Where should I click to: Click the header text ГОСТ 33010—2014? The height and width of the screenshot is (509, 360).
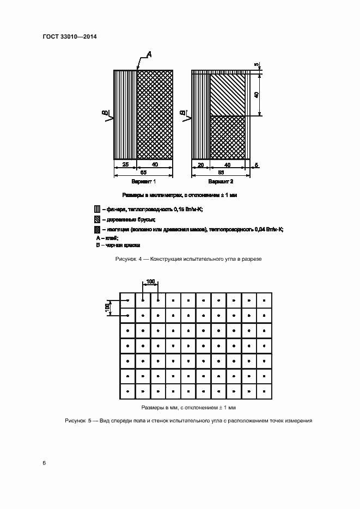click(69, 37)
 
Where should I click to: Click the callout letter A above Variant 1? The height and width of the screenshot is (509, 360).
click(149, 53)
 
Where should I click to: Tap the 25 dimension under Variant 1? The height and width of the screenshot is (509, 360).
click(125, 164)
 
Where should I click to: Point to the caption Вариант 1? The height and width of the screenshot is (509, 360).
click(144, 181)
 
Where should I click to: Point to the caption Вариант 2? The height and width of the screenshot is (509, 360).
click(221, 181)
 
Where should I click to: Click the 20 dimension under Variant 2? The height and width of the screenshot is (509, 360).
click(200, 164)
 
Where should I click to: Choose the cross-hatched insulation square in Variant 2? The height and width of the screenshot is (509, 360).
click(227, 137)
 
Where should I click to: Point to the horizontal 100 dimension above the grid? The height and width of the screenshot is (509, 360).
click(150, 281)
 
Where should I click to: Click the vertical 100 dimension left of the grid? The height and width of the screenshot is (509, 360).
click(107, 308)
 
